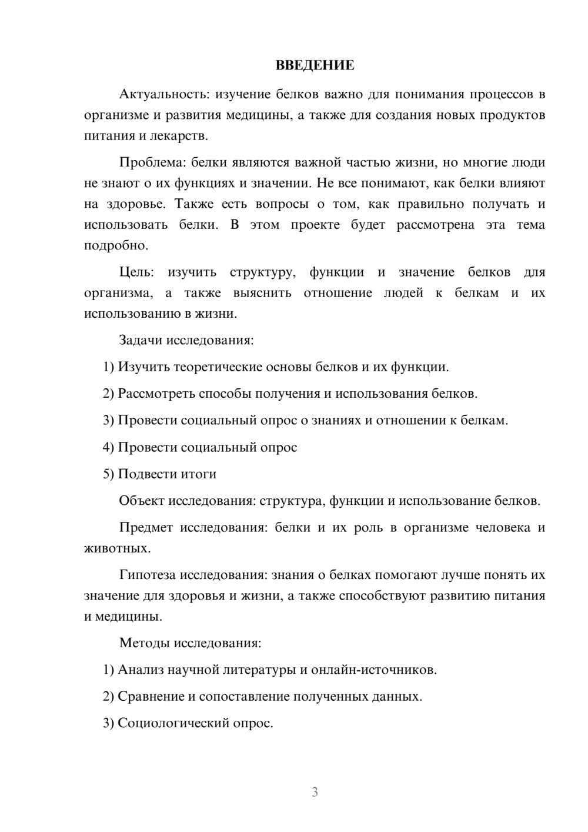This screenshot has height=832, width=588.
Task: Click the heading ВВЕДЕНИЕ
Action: tap(315, 65)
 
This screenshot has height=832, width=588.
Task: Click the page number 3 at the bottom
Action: tap(315, 792)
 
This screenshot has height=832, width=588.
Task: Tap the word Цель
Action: tap(136, 272)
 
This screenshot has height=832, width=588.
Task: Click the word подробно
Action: tap(116, 245)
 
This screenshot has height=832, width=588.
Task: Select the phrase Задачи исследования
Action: tap(186, 340)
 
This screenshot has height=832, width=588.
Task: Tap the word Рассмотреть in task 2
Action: tap(156, 394)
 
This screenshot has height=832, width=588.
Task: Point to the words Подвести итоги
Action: tap(167, 474)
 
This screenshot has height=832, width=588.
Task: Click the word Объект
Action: tap(142, 501)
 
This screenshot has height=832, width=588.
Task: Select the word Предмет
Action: tap(146, 528)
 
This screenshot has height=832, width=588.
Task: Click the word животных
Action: tap(117, 548)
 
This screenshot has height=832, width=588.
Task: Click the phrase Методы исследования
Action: tap(190, 643)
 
